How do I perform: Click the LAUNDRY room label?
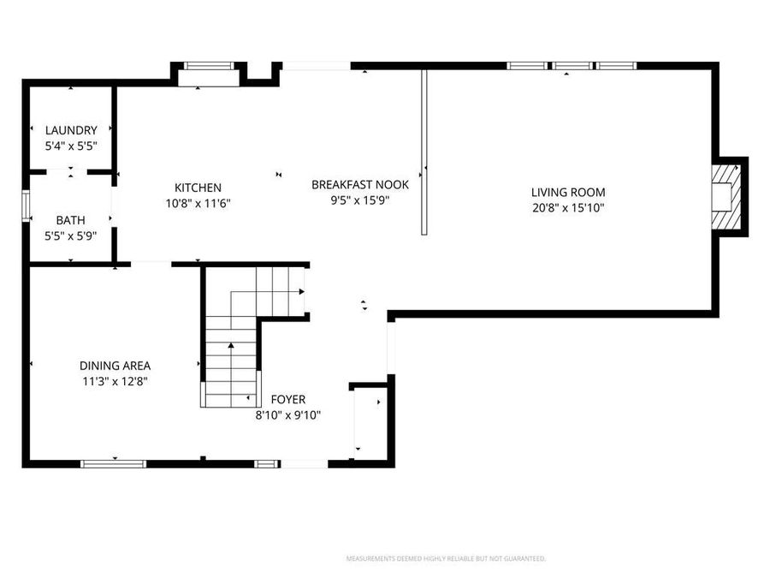tap(71, 130)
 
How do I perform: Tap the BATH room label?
tap(71, 220)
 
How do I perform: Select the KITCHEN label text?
tap(198, 188)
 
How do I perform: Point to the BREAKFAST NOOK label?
tap(360, 184)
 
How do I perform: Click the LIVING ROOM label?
tap(568, 193)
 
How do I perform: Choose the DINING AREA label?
tap(115, 366)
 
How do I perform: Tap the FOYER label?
tap(288, 399)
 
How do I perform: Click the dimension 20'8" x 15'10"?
tap(568, 208)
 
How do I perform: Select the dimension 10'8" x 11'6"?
tap(198, 203)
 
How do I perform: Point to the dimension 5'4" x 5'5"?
tap(71, 146)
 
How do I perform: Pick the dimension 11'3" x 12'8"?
tap(115, 381)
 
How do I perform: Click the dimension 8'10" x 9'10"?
tap(288, 414)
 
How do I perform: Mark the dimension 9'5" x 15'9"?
tap(360, 200)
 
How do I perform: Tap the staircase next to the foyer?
tap(231, 360)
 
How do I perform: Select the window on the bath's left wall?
tap(26, 206)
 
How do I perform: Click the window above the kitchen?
tap(209, 65)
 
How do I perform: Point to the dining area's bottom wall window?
tap(113, 463)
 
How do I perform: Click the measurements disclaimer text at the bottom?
tap(445, 558)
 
